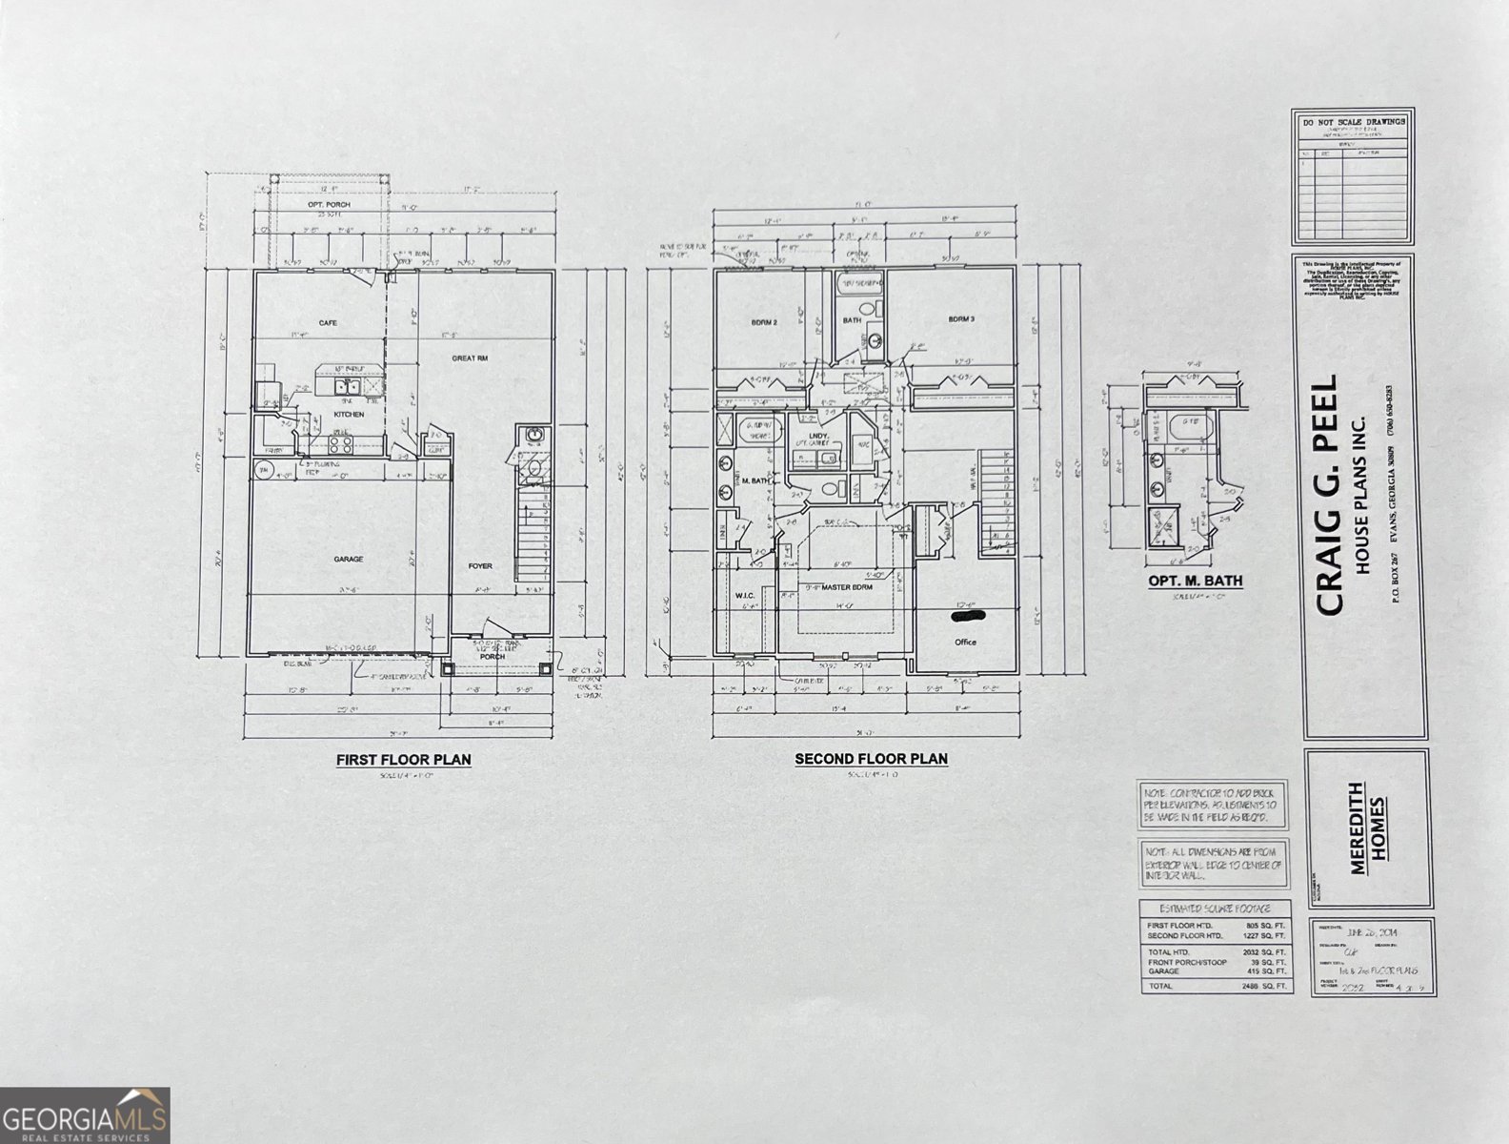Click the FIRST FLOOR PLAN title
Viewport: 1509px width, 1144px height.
[x=403, y=760]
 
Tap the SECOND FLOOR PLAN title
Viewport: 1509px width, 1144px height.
[x=871, y=759]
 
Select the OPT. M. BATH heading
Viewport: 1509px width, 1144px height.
[x=1195, y=581]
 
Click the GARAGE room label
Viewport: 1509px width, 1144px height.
[x=348, y=559]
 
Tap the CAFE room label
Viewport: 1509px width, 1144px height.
[x=328, y=322]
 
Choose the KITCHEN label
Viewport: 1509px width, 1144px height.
[x=349, y=415]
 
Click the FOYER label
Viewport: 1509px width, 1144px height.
[x=480, y=566]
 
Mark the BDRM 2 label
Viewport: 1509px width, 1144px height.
[x=764, y=322]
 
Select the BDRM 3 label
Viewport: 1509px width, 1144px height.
[x=960, y=319]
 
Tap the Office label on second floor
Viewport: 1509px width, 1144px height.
[x=965, y=642]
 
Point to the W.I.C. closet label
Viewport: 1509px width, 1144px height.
[x=744, y=596]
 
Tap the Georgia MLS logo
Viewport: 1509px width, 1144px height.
[x=85, y=1115]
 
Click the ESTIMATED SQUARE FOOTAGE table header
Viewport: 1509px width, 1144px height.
[x=1217, y=909]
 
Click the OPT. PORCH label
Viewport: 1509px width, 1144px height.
[x=328, y=205]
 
